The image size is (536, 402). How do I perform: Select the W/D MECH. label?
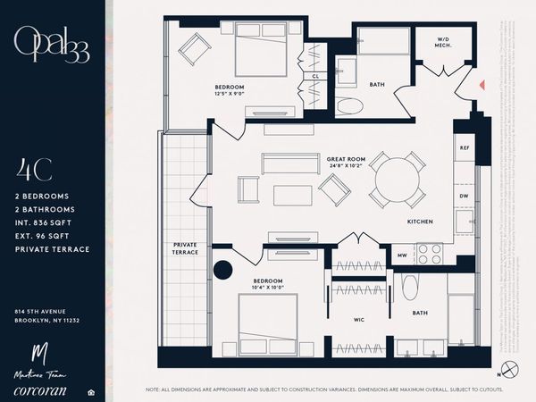point(443,44)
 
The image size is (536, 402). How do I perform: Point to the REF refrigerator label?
point(464,147)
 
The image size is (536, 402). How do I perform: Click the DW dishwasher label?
point(464,196)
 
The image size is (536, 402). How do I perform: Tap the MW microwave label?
point(402,256)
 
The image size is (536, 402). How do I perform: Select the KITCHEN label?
point(420,221)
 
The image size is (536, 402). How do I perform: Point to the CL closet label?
point(315,77)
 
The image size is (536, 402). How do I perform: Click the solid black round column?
point(222,271)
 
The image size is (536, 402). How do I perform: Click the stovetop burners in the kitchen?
point(431,255)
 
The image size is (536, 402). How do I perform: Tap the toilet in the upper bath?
point(350,105)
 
